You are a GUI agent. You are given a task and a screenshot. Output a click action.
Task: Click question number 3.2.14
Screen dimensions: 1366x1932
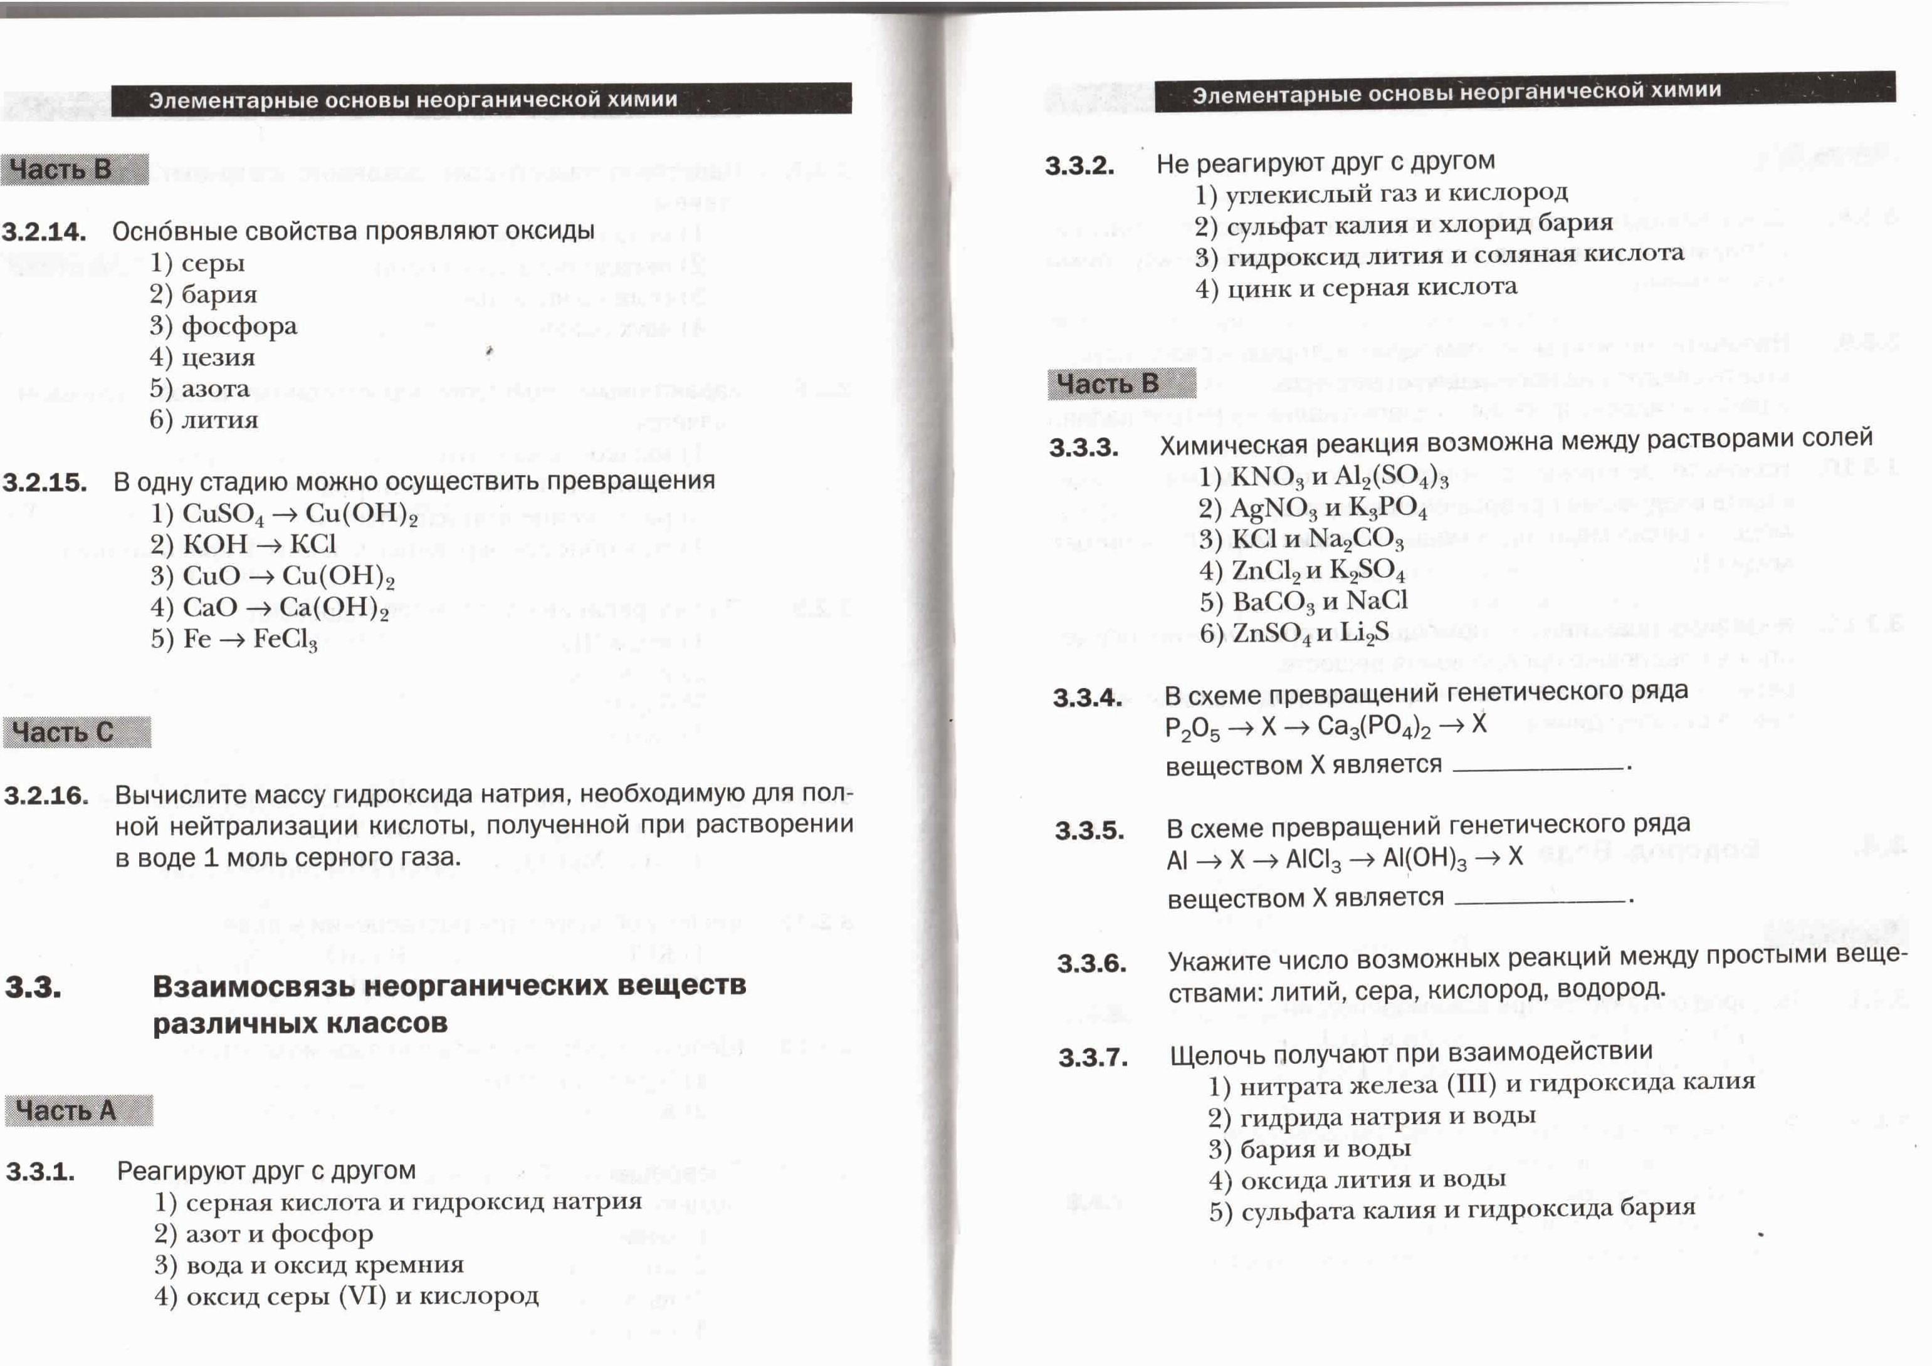pyautogui.click(x=44, y=231)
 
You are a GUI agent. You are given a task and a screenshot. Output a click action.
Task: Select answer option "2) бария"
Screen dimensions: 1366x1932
pyautogui.click(x=204, y=295)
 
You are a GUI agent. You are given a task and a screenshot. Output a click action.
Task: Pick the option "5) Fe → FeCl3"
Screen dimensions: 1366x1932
pyautogui.click(x=234, y=640)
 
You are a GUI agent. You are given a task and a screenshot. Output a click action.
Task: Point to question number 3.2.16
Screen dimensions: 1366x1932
pyautogui.click(x=46, y=795)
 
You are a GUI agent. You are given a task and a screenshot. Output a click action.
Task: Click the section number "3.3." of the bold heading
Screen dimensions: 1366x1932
pyautogui.click(x=34, y=987)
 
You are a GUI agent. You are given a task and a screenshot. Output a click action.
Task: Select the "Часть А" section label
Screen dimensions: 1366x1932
pyautogui.click(x=66, y=1110)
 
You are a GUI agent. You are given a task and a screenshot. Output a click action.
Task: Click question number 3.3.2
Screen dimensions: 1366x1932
pyautogui.click(x=1079, y=165)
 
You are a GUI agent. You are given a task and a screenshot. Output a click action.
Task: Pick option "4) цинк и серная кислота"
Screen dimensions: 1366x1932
pyautogui.click(x=1356, y=288)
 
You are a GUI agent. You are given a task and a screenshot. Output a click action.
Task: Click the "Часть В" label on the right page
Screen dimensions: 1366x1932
pyautogui.click(x=1109, y=384)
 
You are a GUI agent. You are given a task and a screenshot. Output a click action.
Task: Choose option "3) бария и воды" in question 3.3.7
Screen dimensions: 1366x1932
pyautogui.click(x=1310, y=1149)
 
